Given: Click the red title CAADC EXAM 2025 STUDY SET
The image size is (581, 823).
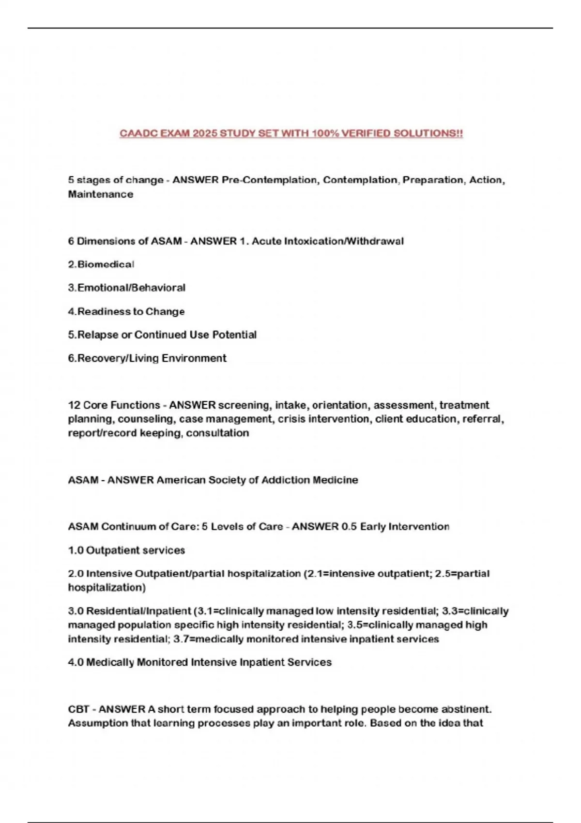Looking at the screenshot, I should point(291,134).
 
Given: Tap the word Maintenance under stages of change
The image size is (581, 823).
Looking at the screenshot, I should point(100,194).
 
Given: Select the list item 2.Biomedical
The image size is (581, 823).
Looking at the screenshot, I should point(101,264).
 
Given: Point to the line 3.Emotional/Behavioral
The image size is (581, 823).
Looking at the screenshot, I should point(126,288).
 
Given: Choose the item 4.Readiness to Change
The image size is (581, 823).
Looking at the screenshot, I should point(126,311).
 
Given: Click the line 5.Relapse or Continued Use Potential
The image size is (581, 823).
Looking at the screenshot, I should point(162,335).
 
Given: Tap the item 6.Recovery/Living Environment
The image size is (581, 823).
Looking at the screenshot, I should point(147,358).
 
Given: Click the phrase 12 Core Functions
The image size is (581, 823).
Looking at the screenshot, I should point(114,405).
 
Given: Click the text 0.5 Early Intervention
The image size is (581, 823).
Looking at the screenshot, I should point(395,526).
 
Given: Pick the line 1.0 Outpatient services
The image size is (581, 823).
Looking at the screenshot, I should point(126,550).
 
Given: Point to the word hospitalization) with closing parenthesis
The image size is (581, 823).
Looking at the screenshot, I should point(107,587).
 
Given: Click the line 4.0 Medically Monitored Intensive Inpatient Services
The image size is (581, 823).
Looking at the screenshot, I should point(199,662).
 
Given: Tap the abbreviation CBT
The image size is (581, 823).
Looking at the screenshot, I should point(78,709).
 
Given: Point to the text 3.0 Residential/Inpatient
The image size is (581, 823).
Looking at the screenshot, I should point(129,611).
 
